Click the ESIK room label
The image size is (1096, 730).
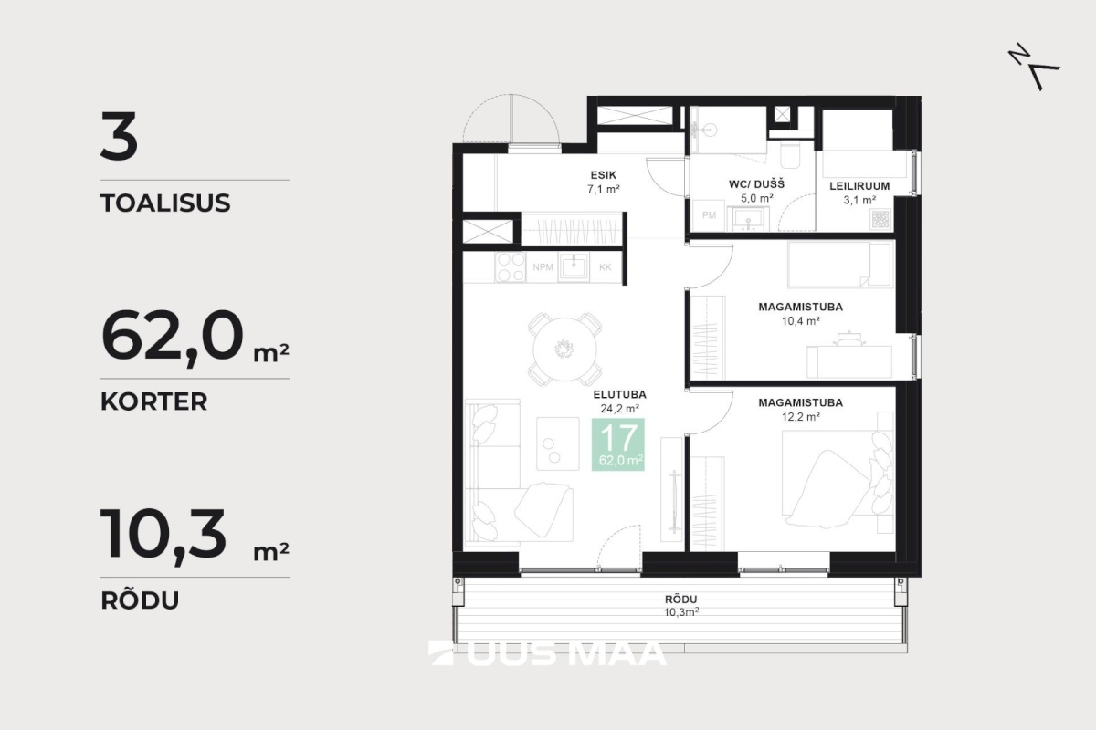coord(604,175)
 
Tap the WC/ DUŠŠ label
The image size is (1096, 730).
coord(756,184)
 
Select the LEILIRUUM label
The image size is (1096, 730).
coord(859,186)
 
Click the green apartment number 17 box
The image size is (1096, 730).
coord(618,444)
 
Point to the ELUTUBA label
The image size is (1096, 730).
coord(619,394)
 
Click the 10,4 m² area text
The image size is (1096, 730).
coord(800,321)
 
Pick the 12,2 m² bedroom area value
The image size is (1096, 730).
coord(800,417)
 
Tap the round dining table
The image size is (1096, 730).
coord(564,349)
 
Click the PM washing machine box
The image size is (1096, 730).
coord(709,215)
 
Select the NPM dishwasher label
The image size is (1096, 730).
coord(543,267)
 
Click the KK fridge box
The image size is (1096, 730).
coord(606,267)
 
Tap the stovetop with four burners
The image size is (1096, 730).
coord(511,267)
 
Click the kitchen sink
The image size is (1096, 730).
coord(574,267)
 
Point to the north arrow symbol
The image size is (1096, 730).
coord(1033,67)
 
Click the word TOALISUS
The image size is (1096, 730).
coord(165,203)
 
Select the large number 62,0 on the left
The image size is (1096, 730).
coord(172,338)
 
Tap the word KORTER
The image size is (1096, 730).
coord(154,401)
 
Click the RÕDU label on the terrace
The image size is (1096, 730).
coord(680,599)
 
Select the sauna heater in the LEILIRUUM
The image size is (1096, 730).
coord(881,219)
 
